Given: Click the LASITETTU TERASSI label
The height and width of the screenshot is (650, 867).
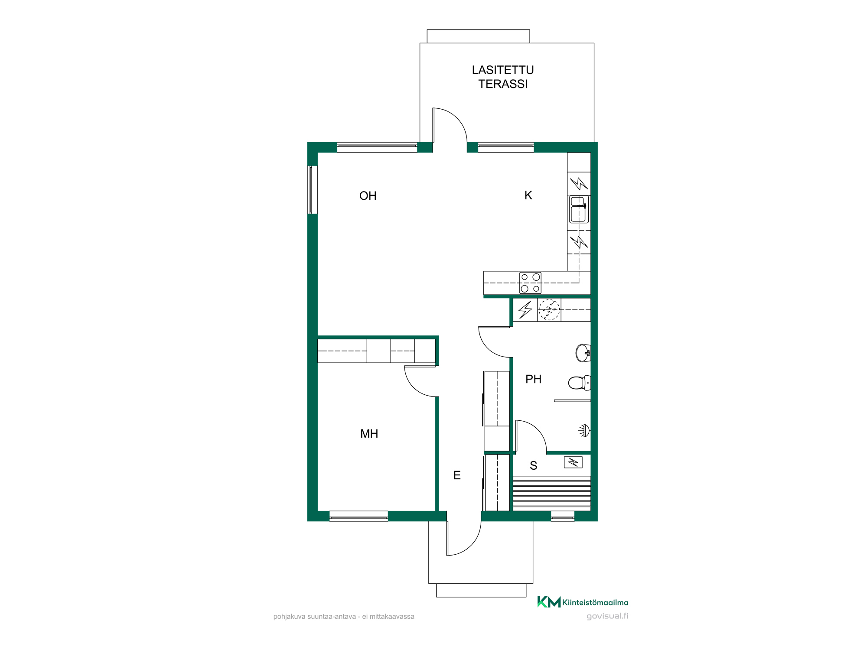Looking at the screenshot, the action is pos(503,77).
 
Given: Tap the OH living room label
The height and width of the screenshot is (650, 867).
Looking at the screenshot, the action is pos(368,196).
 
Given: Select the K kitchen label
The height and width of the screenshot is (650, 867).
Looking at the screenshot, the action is pos(528,195).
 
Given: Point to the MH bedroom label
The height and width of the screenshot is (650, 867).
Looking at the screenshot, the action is pos(369,434).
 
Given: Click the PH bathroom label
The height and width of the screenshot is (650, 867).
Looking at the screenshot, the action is pos(533,379).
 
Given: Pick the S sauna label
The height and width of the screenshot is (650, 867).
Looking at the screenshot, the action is pos(534,466).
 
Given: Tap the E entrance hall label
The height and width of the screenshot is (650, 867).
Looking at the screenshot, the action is pos(457,475).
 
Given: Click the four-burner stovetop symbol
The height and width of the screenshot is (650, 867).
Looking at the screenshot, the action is pos(530,283).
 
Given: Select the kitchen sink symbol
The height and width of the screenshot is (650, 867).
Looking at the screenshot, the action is pos(579,209).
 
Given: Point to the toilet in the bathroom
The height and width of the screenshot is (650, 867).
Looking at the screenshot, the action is pos(579,383).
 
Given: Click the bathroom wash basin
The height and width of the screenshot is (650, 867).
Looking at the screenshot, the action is pos(583,353).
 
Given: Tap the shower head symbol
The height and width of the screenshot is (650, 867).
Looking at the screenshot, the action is pos(584,431).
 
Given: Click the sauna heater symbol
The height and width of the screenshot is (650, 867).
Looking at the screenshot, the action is pos(573,463).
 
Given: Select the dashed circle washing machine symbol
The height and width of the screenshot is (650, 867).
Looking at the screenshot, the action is pos(549,310).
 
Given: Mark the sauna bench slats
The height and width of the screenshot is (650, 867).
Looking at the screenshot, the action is pos(552,493).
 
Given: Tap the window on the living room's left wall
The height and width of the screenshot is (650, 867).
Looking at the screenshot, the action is pos(313,190).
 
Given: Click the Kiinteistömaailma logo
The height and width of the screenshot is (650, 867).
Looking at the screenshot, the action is pos(583,602).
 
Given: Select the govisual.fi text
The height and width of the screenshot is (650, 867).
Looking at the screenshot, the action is pos(607,616).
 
